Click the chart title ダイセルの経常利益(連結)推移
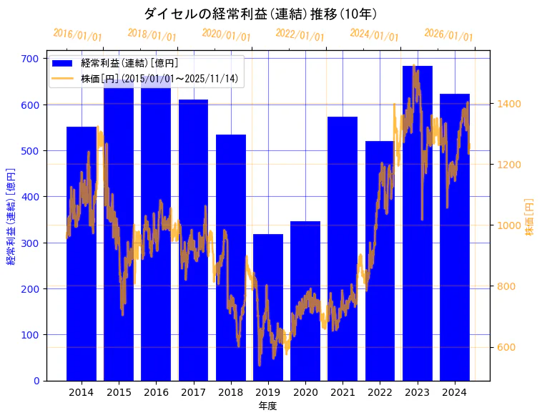[261, 14]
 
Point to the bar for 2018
[231, 258]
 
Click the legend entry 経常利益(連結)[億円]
[129, 64]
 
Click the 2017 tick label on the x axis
[193, 392]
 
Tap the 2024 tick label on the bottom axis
[454, 392]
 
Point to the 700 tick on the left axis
[31, 59]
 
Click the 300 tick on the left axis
[31, 243]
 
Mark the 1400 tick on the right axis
[509, 104]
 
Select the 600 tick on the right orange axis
[506, 348]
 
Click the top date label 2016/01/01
[77, 35]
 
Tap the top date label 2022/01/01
[300, 35]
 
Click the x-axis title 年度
[267, 406]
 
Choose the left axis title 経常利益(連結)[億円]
[11, 216]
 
